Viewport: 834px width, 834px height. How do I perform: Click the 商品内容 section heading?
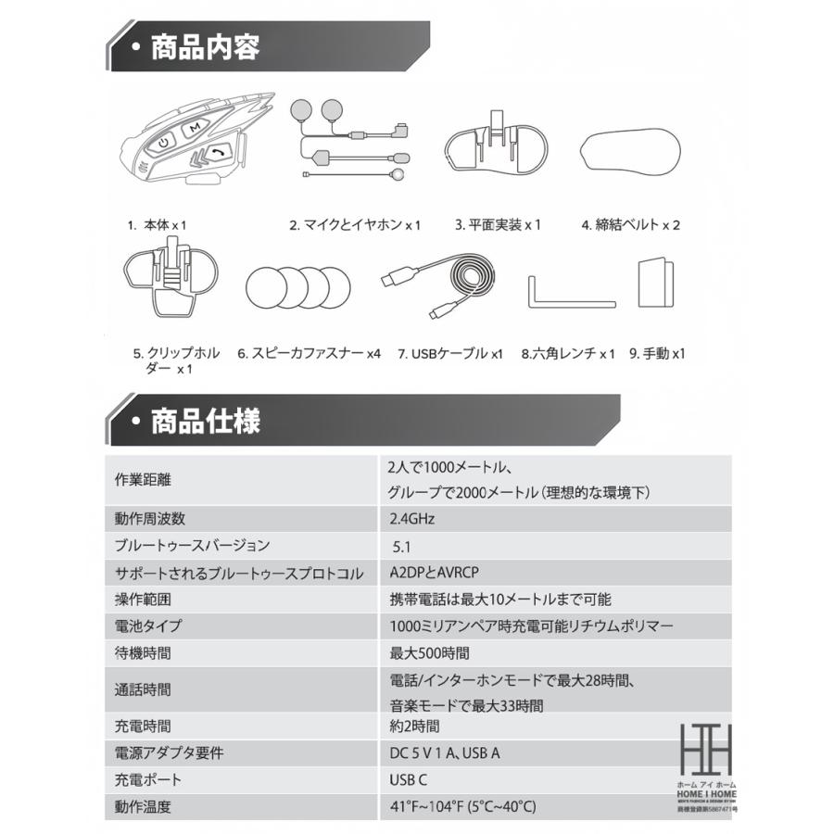pyautogui.click(x=205, y=46)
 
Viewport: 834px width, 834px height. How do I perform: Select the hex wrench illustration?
pyautogui.click(x=569, y=292)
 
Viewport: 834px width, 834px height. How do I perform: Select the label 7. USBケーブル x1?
pyautogui.click(x=450, y=353)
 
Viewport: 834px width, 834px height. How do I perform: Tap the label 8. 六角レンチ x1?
pyautogui.click(x=568, y=353)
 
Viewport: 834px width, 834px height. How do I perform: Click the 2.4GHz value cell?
pyautogui.click(x=412, y=519)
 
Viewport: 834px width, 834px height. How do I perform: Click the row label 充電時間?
pyautogui.click(x=143, y=727)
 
